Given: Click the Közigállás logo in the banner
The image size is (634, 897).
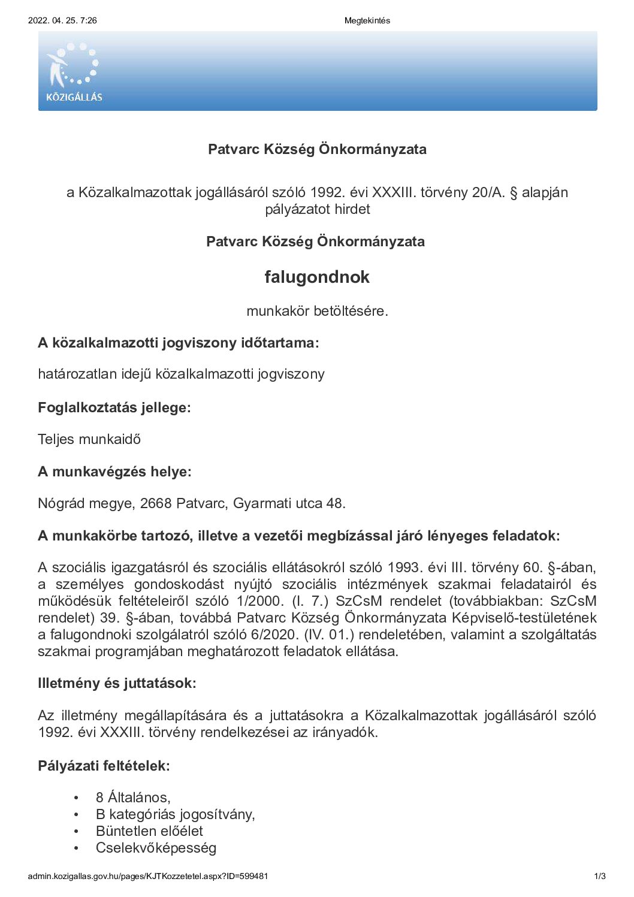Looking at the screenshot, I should coord(74,72).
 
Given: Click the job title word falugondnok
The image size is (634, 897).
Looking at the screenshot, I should coord(317,277).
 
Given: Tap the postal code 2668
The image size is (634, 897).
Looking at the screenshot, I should coord(156,503).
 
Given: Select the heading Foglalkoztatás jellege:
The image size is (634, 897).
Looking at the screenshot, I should coord(114,407).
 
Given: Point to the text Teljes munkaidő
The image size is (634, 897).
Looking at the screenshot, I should coord(89,439).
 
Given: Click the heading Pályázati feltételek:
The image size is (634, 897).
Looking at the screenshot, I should coord(104,765).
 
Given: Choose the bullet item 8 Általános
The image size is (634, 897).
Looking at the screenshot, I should coord(133,798).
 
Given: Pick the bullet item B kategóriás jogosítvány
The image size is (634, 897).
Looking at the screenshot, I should coord(175,814).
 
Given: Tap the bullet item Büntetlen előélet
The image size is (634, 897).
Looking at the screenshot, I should coord(149,831).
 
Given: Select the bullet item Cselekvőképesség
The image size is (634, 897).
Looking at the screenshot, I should coord(156,848).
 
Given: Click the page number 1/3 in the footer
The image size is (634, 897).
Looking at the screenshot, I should coord(600,876).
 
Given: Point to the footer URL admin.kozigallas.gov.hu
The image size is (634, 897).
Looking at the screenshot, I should coord(147,876).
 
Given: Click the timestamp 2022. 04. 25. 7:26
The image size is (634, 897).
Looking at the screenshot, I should coord(62,20).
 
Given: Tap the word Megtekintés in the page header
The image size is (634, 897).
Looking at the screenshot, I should coord(367,20).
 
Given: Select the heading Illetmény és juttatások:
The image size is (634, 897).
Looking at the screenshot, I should coord(117,682).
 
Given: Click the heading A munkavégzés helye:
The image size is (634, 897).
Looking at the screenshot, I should coord(114,472).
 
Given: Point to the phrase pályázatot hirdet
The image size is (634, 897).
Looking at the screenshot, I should coord(318,209).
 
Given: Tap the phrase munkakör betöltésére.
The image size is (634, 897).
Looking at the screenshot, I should coord(317,311).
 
